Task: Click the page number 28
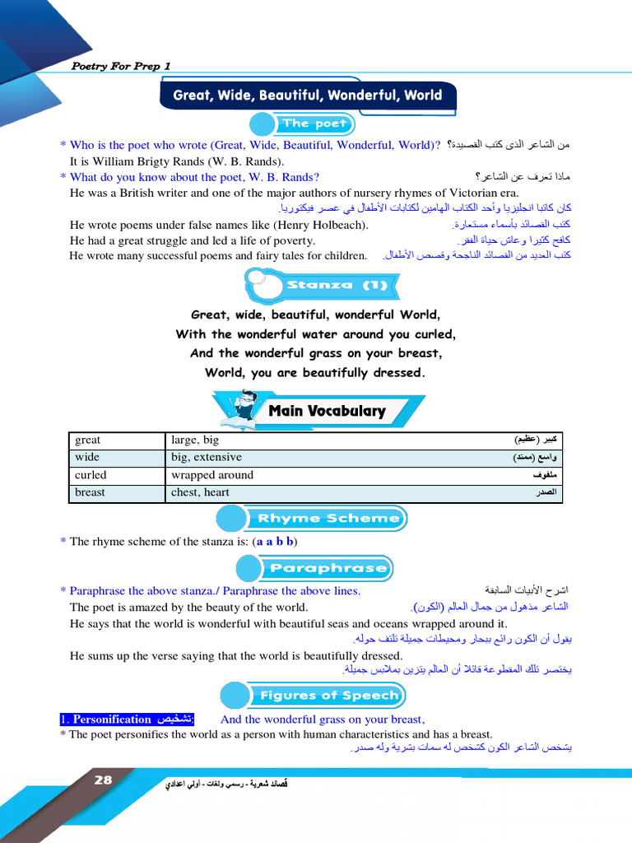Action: click(x=103, y=780)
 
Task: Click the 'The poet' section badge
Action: click(x=314, y=123)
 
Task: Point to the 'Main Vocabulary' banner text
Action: click(x=327, y=411)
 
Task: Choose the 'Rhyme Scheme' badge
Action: click(x=328, y=519)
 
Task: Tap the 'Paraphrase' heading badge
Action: click(x=328, y=568)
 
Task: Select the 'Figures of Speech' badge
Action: click(x=328, y=696)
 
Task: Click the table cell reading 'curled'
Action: click(x=91, y=475)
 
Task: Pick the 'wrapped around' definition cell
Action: click(x=212, y=475)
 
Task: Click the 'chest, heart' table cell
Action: click(x=200, y=492)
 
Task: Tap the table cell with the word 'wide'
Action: click(x=86, y=457)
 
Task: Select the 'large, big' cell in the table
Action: click(x=195, y=440)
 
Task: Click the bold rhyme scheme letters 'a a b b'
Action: click(x=275, y=542)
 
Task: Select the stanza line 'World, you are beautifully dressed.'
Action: click(x=315, y=373)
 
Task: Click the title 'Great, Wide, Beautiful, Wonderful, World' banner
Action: click(x=307, y=95)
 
